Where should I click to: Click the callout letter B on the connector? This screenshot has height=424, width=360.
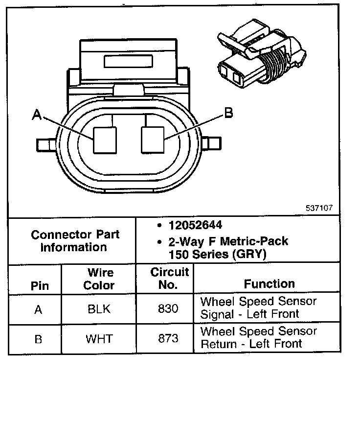tap(228, 113)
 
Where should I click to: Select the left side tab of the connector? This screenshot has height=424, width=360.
tap(45, 144)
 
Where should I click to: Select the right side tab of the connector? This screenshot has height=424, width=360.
tap(212, 144)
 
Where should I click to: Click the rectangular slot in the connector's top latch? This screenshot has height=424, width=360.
tap(129, 61)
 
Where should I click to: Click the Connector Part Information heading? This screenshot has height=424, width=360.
tap(75, 240)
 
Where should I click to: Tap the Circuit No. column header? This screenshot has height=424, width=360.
tap(169, 278)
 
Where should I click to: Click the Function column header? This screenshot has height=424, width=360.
tap(270, 284)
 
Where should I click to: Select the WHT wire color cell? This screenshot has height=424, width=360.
tap(99, 339)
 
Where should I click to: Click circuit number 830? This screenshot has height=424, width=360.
tap(168, 309)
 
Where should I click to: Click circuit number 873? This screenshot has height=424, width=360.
tap(168, 339)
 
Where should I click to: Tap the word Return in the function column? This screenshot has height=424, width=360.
tap(218, 344)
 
